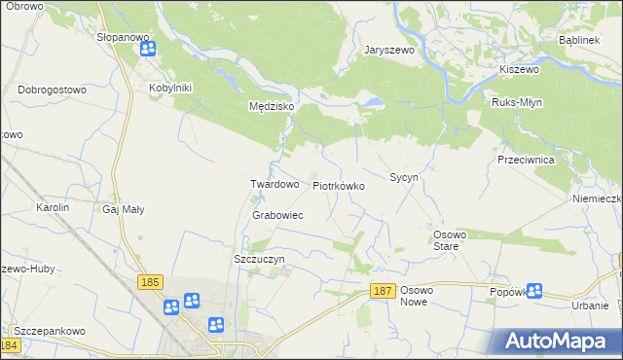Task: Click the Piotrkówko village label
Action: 338,185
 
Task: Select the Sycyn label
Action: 403,178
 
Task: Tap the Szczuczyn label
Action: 259,259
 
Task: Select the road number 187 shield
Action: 384,292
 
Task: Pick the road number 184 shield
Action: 10,345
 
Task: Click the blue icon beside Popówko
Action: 534,290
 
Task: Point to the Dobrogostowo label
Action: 52,89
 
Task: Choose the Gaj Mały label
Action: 122,208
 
